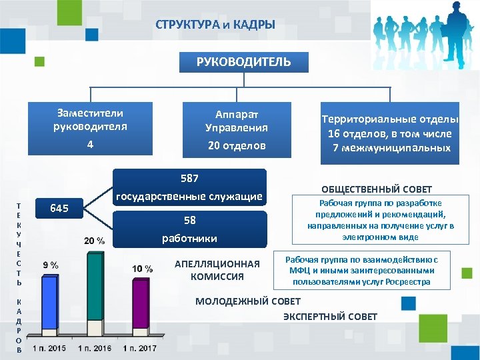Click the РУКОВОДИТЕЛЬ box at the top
point(243,62)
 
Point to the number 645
point(59,209)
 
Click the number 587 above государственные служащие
point(190,179)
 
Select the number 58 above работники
point(190,221)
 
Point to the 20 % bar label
point(94,241)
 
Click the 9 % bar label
point(50,265)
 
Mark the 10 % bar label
point(142,269)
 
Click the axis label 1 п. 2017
point(141,349)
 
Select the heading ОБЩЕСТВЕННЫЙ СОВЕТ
point(377,189)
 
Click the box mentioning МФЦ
point(367,270)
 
